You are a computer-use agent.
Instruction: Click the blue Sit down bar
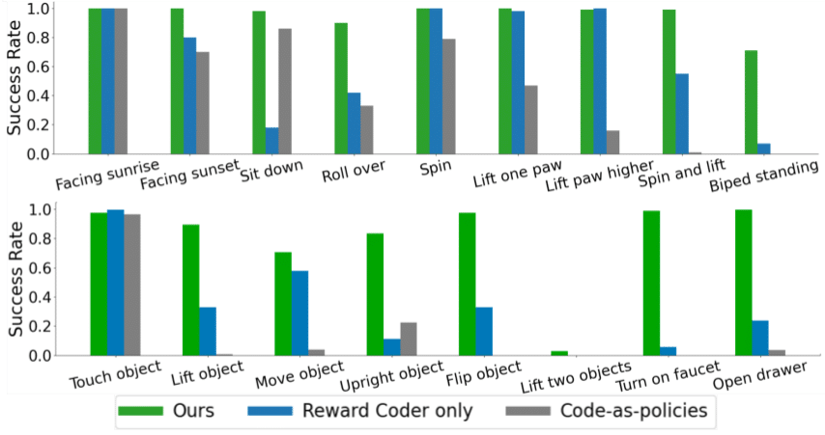272,141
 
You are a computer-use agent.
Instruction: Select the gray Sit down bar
285,92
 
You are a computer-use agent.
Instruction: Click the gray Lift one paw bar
531,120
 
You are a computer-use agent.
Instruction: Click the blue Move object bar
299,313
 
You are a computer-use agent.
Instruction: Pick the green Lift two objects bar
559,353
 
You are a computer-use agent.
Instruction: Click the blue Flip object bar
484,331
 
